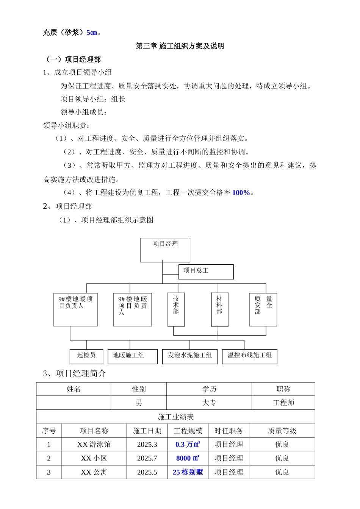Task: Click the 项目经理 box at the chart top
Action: (x=165, y=250)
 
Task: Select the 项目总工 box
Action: (x=206, y=272)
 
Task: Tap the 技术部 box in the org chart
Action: (x=176, y=309)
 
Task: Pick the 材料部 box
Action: (x=219, y=309)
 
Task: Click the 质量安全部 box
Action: (x=263, y=309)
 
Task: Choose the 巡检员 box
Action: (x=86, y=356)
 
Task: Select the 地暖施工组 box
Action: (x=132, y=356)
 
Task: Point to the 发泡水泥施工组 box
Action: (x=189, y=356)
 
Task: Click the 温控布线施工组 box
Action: (x=249, y=356)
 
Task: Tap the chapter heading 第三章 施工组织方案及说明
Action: (x=180, y=46)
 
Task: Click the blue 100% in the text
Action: (x=241, y=193)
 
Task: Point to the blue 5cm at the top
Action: (x=92, y=33)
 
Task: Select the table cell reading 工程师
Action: (x=283, y=403)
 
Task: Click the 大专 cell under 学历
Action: (x=209, y=403)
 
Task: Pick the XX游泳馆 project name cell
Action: (x=94, y=444)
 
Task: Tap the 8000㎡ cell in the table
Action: (x=188, y=458)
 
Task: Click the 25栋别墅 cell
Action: (x=188, y=472)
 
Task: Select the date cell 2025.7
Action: (x=147, y=458)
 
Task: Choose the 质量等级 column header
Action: (x=282, y=431)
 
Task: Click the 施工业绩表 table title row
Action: (x=175, y=417)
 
